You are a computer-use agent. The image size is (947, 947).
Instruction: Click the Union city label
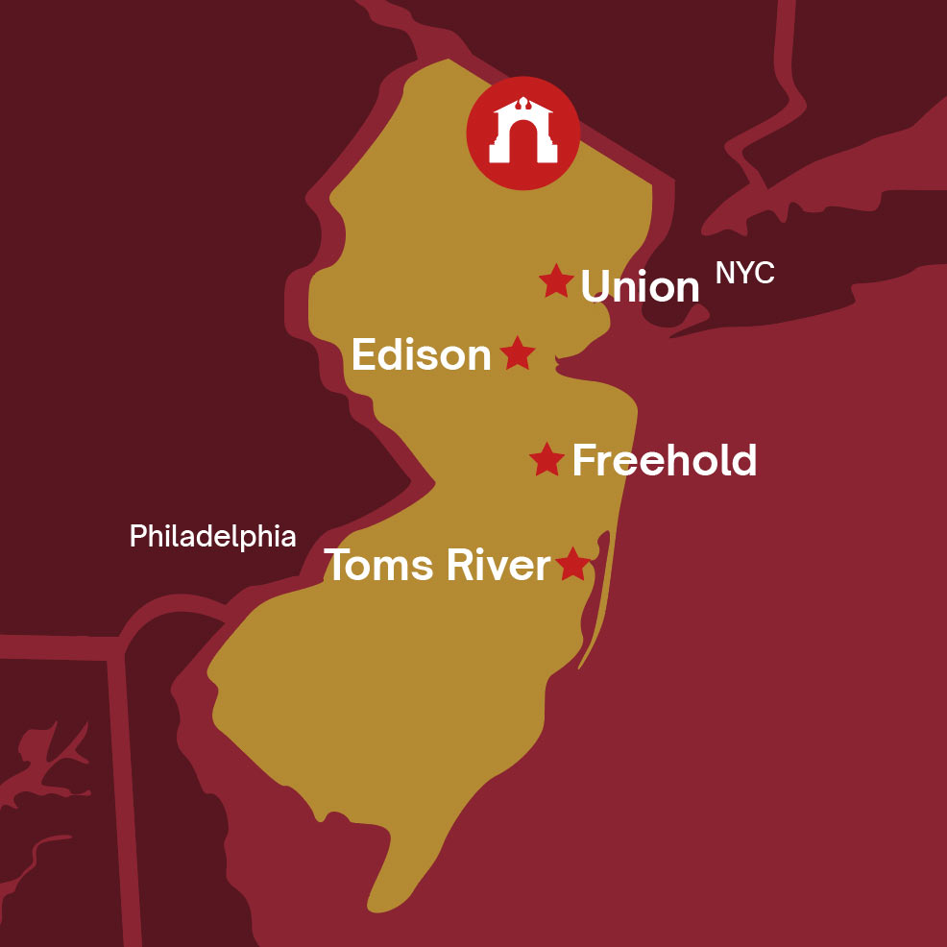(x=641, y=286)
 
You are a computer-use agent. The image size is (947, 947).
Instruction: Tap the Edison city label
(x=422, y=355)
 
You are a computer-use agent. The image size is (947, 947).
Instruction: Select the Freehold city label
(x=665, y=461)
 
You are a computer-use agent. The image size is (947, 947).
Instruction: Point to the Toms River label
(x=437, y=565)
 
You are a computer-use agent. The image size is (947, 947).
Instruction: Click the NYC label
(x=744, y=274)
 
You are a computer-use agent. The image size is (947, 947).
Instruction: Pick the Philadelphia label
(x=212, y=536)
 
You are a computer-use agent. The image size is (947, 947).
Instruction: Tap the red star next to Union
(x=556, y=281)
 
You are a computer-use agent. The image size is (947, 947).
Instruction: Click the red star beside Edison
(x=517, y=353)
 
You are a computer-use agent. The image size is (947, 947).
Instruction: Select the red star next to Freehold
(x=546, y=460)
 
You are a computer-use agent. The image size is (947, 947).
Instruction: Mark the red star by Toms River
(x=572, y=564)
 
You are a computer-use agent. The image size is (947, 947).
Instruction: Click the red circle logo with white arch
(x=522, y=134)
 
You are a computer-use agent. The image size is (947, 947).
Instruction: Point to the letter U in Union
(x=596, y=286)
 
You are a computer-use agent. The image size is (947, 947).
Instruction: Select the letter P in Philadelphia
(x=137, y=536)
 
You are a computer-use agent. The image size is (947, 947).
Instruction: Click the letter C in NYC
(x=764, y=274)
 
